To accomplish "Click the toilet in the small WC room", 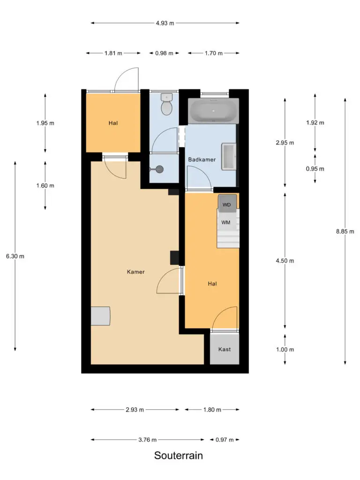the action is (x=166, y=105).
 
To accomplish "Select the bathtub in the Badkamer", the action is (x=214, y=111).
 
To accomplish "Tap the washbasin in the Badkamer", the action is (x=229, y=157).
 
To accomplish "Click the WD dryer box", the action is (x=227, y=203).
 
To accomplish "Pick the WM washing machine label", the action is (x=226, y=223).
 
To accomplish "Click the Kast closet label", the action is (x=225, y=349).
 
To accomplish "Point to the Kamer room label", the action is (x=135, y=272).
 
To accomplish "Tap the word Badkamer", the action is (x=202, y=159).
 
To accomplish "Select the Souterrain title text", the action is (x=179, y=456).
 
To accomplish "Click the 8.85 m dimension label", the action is (x=345, y=232).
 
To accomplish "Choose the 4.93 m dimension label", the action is (x=165, y=23).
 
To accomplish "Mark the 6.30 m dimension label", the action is (x=15, y=256).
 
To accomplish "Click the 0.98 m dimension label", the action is (x=164, y=53).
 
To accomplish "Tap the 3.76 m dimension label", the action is (x=147, y=440).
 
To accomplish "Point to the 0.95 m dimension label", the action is (x=315, y=169).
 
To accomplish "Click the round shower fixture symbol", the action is (x=159, y=169).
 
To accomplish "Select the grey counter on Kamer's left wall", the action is (x=100, y=316).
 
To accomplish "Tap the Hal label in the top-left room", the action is (x=113, y=123).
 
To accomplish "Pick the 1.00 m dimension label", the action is (x=285, y=350).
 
